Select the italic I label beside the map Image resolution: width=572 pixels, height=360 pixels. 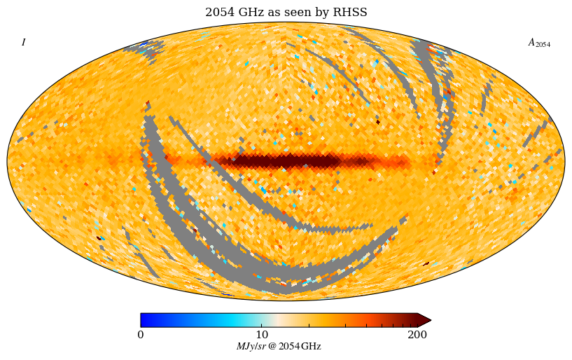23,43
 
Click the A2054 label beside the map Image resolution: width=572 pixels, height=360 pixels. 538,43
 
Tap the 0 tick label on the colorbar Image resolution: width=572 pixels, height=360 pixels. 141,334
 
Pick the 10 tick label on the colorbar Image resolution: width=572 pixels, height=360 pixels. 262,334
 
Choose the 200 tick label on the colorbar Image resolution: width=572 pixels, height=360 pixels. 417,334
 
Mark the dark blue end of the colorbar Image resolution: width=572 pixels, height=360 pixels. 144,320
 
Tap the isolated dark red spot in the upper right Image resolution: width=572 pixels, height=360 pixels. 378,122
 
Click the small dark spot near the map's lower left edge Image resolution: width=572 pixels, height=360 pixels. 99,238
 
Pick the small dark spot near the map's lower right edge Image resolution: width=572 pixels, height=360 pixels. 426,264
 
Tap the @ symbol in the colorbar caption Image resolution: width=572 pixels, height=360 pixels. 272,347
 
